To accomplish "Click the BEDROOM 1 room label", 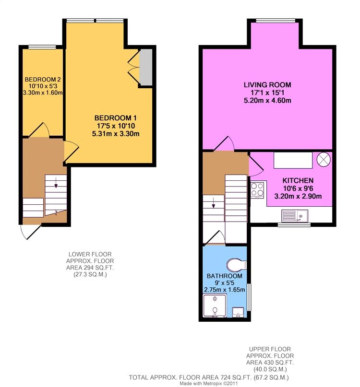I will tap(110, 118).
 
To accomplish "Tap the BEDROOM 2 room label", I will tap(42, 80).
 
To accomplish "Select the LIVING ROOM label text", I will tap(267, 85).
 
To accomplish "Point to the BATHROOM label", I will tap(224, 277).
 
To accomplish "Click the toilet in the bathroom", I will tap(236, 264).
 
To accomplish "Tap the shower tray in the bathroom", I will tap(213, 305).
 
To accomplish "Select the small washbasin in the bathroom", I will tap(238, 313).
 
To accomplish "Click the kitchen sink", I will tap(295, 216).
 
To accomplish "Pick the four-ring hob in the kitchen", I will tap(257, 190).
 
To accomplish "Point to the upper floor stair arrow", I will tap(213, 205).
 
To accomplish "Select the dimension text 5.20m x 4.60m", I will tap(267, 100).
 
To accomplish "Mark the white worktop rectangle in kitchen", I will tap(292, 160).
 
